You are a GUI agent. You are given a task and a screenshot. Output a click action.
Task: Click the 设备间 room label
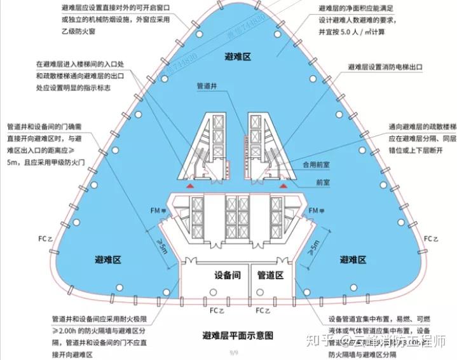point(226,276)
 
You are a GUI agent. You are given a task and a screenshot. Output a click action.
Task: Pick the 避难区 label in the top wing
point(238,57)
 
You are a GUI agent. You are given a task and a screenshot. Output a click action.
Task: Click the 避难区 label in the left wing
point(108,260)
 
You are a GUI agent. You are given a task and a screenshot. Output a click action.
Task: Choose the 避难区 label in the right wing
point(353,260)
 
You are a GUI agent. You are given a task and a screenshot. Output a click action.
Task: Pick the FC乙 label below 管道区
point(264,312)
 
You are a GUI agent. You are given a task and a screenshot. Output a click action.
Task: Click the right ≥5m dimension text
point(313,246)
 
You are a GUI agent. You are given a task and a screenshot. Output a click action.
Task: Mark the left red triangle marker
point(189,184)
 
